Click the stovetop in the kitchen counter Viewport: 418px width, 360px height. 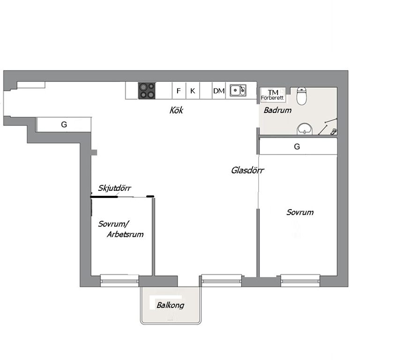click(147, 90)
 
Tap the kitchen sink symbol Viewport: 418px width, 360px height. click(238, 90)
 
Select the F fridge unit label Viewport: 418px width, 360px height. click(179, 91)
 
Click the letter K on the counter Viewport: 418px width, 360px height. click(193, 91)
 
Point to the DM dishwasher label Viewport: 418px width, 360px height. click(218, 91)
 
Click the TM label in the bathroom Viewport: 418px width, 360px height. click(273, 92)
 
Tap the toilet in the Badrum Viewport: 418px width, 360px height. click(302, 96)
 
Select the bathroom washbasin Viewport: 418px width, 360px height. click(305, 129)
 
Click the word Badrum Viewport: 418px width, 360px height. click(277, 110)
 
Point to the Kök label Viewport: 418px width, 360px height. click(176, 110)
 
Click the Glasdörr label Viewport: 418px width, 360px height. click(247, 170)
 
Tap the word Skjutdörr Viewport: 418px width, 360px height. click(114, 188)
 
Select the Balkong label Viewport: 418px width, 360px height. click(170, 305)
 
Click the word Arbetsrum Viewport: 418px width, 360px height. click(125, 234)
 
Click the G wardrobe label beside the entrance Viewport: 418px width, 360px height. click(64, 125)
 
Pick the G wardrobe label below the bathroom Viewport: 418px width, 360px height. click(297, 146)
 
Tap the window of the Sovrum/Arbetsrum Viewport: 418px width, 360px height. click(119, 280)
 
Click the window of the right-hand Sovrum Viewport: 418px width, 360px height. click(300, 280)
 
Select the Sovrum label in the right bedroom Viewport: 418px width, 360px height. click(300, 212)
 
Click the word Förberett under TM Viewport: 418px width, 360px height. click(272, 98)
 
